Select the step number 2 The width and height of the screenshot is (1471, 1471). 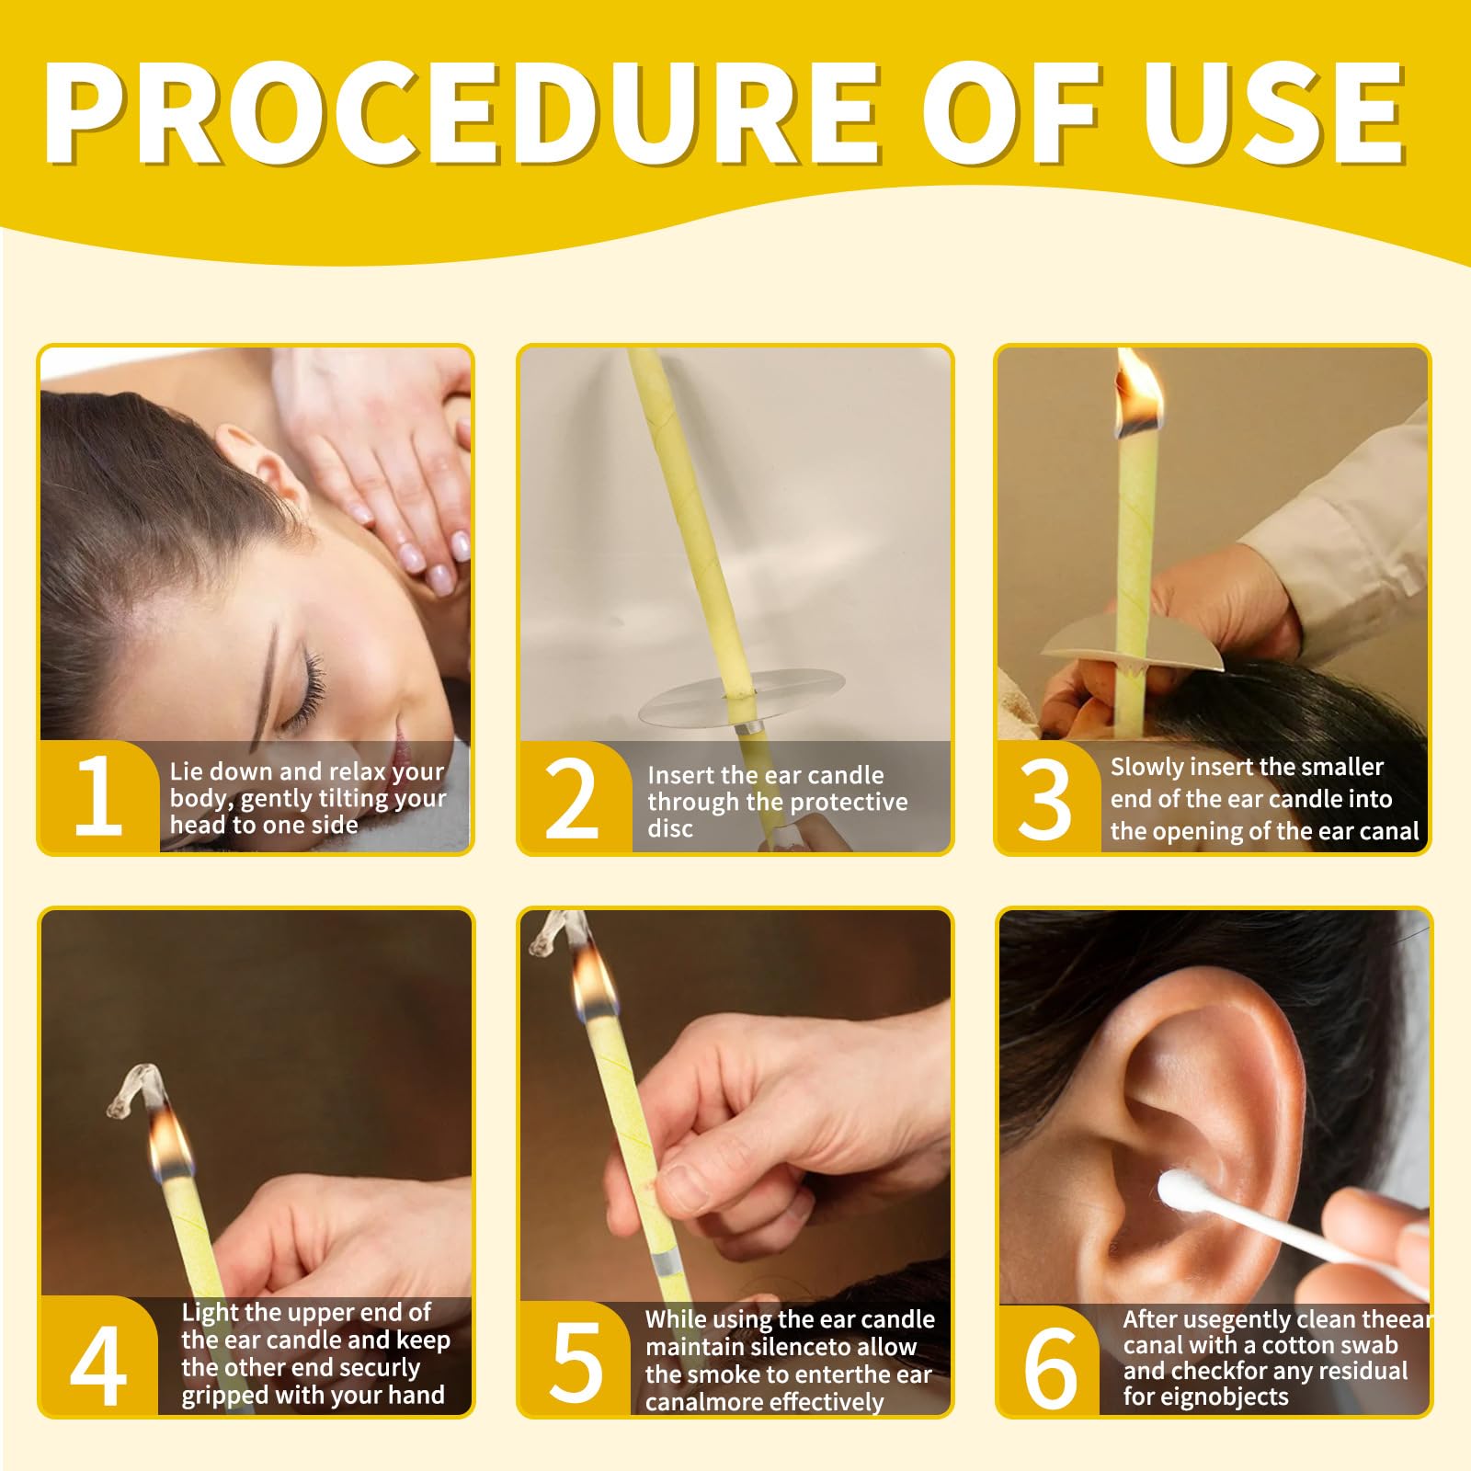(x=572, y=799)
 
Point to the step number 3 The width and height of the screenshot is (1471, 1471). (x=1045, y=799)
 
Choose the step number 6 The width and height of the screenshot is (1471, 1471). (x=1050, y=1367)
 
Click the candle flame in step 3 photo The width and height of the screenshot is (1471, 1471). (x=1140, y=395)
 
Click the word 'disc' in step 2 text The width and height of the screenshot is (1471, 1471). (x=670, y=828)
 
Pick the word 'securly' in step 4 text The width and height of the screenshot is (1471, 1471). (x=374, y=1368)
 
